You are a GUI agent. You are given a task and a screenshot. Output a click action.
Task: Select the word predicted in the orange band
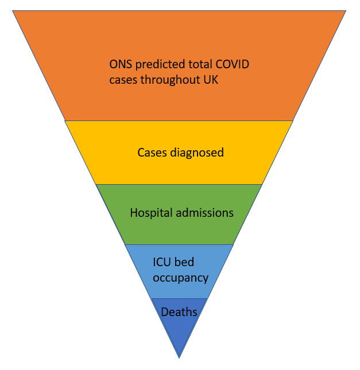(158, 65)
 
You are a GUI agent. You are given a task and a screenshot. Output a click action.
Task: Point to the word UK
(211, 80)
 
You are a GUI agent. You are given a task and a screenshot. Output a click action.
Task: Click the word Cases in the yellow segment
(150, 153)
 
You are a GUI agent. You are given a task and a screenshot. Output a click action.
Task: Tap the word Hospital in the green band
(150, 213)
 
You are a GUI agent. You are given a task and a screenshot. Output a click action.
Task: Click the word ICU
(161, 263)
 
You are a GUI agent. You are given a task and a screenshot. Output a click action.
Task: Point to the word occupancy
(180, 278)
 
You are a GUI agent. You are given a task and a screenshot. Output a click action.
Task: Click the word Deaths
(179, 313)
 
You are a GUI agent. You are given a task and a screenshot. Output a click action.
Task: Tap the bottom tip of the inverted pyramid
(179, 357)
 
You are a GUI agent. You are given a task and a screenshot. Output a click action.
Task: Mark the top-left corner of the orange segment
(13, 11)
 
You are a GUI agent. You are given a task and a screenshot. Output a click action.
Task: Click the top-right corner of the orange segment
(346, 11)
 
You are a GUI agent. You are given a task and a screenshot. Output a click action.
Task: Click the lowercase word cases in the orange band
(122, 80)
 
